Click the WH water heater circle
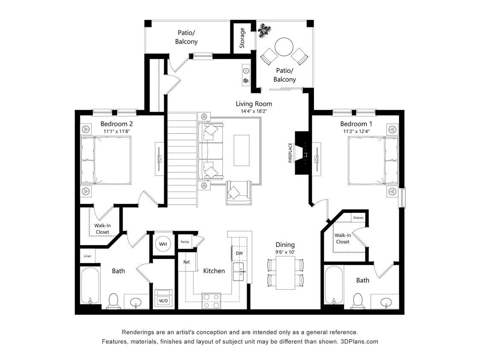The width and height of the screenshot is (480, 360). pos(163,244)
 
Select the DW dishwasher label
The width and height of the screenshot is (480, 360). pos(239,253)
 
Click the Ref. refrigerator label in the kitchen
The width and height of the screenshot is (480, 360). pos(187,262)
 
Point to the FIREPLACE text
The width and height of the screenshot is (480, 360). pos(291,153)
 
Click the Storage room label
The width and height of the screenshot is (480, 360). pos(242,38)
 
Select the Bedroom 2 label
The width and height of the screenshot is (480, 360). pos(116,124)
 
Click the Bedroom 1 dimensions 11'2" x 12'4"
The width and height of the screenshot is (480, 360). pos(356,131)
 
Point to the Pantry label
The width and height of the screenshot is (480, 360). pos(185,242)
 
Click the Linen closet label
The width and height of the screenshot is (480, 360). pos(87,256)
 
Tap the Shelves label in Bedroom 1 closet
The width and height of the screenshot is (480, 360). pos(358,218)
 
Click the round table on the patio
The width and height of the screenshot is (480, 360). pos(284,47)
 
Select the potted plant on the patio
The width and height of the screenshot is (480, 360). pos(265,30)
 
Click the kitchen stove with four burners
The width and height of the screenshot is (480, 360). pos(211,301)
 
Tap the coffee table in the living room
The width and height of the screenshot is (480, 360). pos(241,150)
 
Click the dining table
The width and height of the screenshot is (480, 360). pos(285,273)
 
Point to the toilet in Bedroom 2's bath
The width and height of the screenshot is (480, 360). pos(113,301)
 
